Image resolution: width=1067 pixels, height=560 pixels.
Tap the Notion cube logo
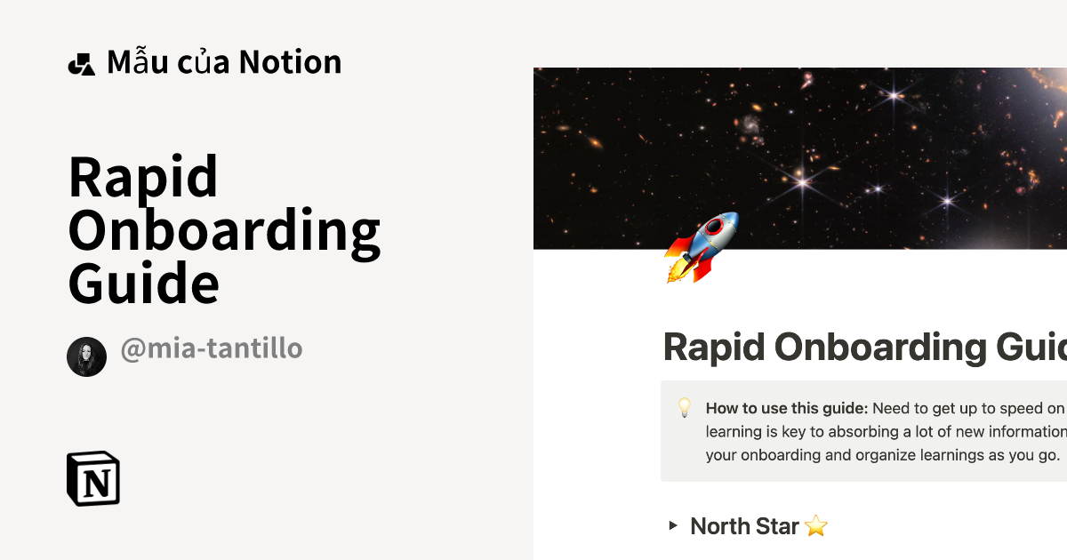coord(93,479)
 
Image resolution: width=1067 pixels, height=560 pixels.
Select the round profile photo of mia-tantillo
coord(86,356)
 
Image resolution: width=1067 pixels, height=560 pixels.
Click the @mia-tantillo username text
coord(212,348)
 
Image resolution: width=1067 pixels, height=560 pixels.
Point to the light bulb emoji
coord(685,408)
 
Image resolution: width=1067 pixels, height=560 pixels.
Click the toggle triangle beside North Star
coord(673,525)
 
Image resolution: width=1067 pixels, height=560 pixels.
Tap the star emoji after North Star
coord(815,526)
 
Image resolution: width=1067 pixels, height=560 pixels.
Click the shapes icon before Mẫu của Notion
coord(81,63)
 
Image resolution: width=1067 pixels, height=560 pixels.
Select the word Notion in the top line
coord(290,62)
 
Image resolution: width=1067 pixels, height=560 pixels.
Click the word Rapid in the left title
coord(143,177)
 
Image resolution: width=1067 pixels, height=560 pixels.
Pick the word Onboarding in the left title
coord(224,231)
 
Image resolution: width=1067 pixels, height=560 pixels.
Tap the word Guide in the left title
coord(143,284)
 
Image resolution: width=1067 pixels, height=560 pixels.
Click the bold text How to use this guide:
coord(786,409)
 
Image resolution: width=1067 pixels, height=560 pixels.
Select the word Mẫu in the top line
coord(132,62)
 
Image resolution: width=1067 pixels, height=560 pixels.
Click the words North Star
coord(744,526)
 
